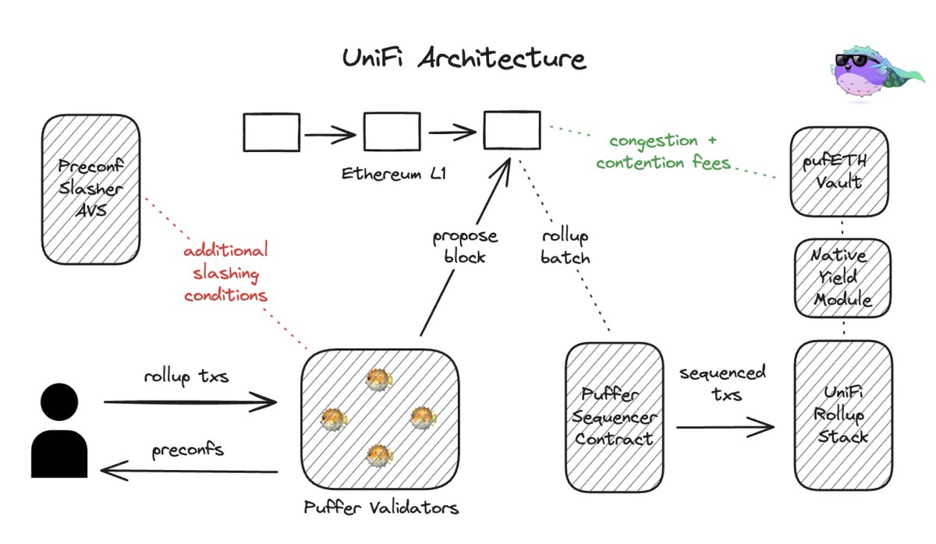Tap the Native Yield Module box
click(840, 277)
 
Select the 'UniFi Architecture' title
click(464, 61)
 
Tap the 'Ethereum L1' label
click(394, 172)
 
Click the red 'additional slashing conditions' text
click(226, 274)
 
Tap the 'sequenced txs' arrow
click(725, 426)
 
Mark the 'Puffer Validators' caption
click(381, 509)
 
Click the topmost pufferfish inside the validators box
click(379, 380)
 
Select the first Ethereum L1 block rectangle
click(271, 132)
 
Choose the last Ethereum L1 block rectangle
click(511, 130)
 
